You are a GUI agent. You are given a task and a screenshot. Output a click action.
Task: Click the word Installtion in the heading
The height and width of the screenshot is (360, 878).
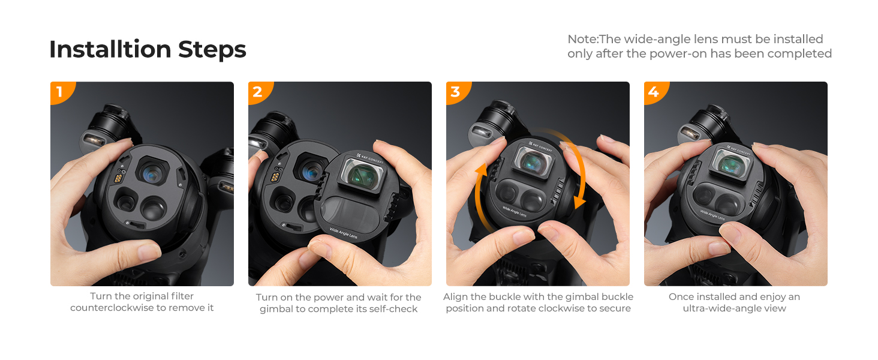point(110,49)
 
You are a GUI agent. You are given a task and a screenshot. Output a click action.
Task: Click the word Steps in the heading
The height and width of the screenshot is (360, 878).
point(212,50)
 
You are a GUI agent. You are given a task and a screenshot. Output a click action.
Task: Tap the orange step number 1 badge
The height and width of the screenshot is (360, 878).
point(61,92)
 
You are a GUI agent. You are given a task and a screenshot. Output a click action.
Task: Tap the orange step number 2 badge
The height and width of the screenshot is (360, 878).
point(258,92)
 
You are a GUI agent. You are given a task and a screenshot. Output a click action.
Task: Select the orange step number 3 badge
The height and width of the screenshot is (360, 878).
point(456,92)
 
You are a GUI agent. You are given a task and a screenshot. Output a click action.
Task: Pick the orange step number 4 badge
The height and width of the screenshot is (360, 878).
point(654,92)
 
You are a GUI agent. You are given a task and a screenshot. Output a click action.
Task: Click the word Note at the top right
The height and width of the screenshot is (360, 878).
point(582,39)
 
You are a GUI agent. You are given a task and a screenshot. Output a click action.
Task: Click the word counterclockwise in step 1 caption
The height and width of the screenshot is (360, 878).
point(112,308)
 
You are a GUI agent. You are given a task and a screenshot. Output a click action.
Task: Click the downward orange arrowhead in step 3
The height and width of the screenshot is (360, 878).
point(579,202)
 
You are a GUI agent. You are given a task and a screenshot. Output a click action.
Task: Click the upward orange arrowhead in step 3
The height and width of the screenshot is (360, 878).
point(482,169)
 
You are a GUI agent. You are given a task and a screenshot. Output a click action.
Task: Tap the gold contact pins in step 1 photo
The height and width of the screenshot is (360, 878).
point(118,178)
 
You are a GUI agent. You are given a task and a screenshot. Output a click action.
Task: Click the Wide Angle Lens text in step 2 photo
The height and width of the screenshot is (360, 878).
point(343,233)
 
